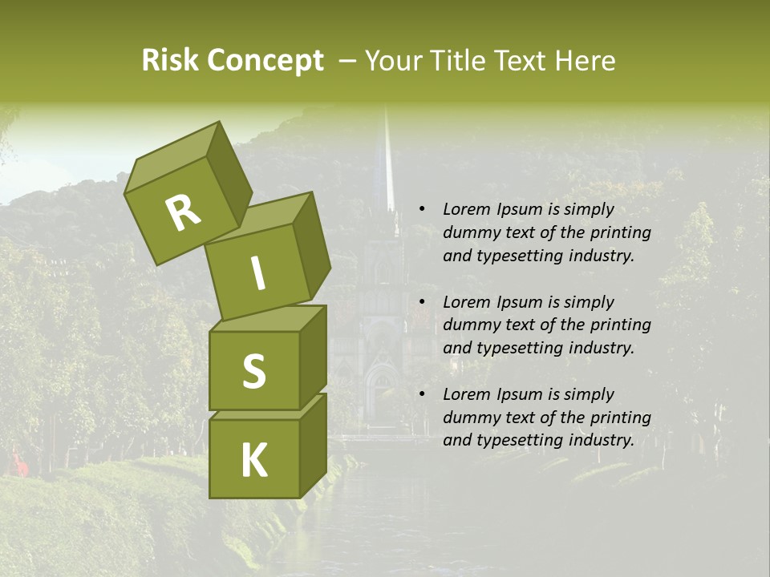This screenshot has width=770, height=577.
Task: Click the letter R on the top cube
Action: click(183, 212)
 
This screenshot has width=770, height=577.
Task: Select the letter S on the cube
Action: click(253, 371)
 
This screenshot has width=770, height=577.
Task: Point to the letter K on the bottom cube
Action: click(253, 461)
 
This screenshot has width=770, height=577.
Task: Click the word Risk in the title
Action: click(170, 61)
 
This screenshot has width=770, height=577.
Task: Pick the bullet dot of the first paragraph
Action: click(422, 210)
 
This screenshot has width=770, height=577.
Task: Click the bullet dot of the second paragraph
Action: click(422, 302)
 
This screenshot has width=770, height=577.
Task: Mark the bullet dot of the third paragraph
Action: click(422, 394)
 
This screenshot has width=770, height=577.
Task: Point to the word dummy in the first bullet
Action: click(470, 233)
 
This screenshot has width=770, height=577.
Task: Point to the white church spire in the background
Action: click(388, 160)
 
